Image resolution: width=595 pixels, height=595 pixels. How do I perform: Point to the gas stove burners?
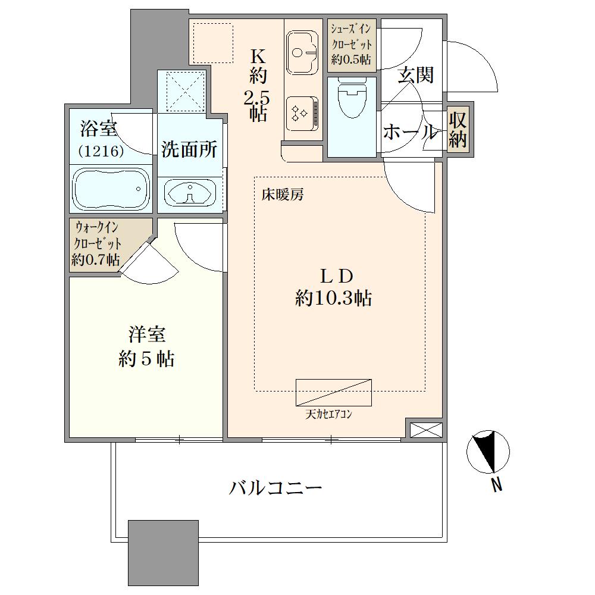[302, 113]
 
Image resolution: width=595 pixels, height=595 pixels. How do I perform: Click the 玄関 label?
[415, 75]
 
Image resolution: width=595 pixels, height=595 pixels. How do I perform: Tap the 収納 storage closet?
[458, 130]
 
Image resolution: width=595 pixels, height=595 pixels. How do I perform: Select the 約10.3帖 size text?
[334, 299]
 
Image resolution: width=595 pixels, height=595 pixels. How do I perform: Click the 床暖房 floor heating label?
[283, 195]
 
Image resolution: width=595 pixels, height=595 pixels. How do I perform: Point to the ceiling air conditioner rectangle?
[334, 392]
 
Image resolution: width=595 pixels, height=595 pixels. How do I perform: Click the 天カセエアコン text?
[328, 415]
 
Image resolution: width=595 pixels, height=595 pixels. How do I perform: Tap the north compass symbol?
[488, 452]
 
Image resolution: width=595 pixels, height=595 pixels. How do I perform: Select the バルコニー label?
[275, 488]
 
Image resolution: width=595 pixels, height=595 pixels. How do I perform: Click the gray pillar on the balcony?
[163, 553]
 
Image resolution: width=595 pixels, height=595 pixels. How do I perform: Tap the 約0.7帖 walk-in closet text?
[96, 260]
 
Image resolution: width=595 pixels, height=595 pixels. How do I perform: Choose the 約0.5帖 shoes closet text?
[351, 59]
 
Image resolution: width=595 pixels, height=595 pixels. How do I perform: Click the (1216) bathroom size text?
[101, 152]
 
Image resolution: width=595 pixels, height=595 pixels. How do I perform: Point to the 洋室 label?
[147, 334]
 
